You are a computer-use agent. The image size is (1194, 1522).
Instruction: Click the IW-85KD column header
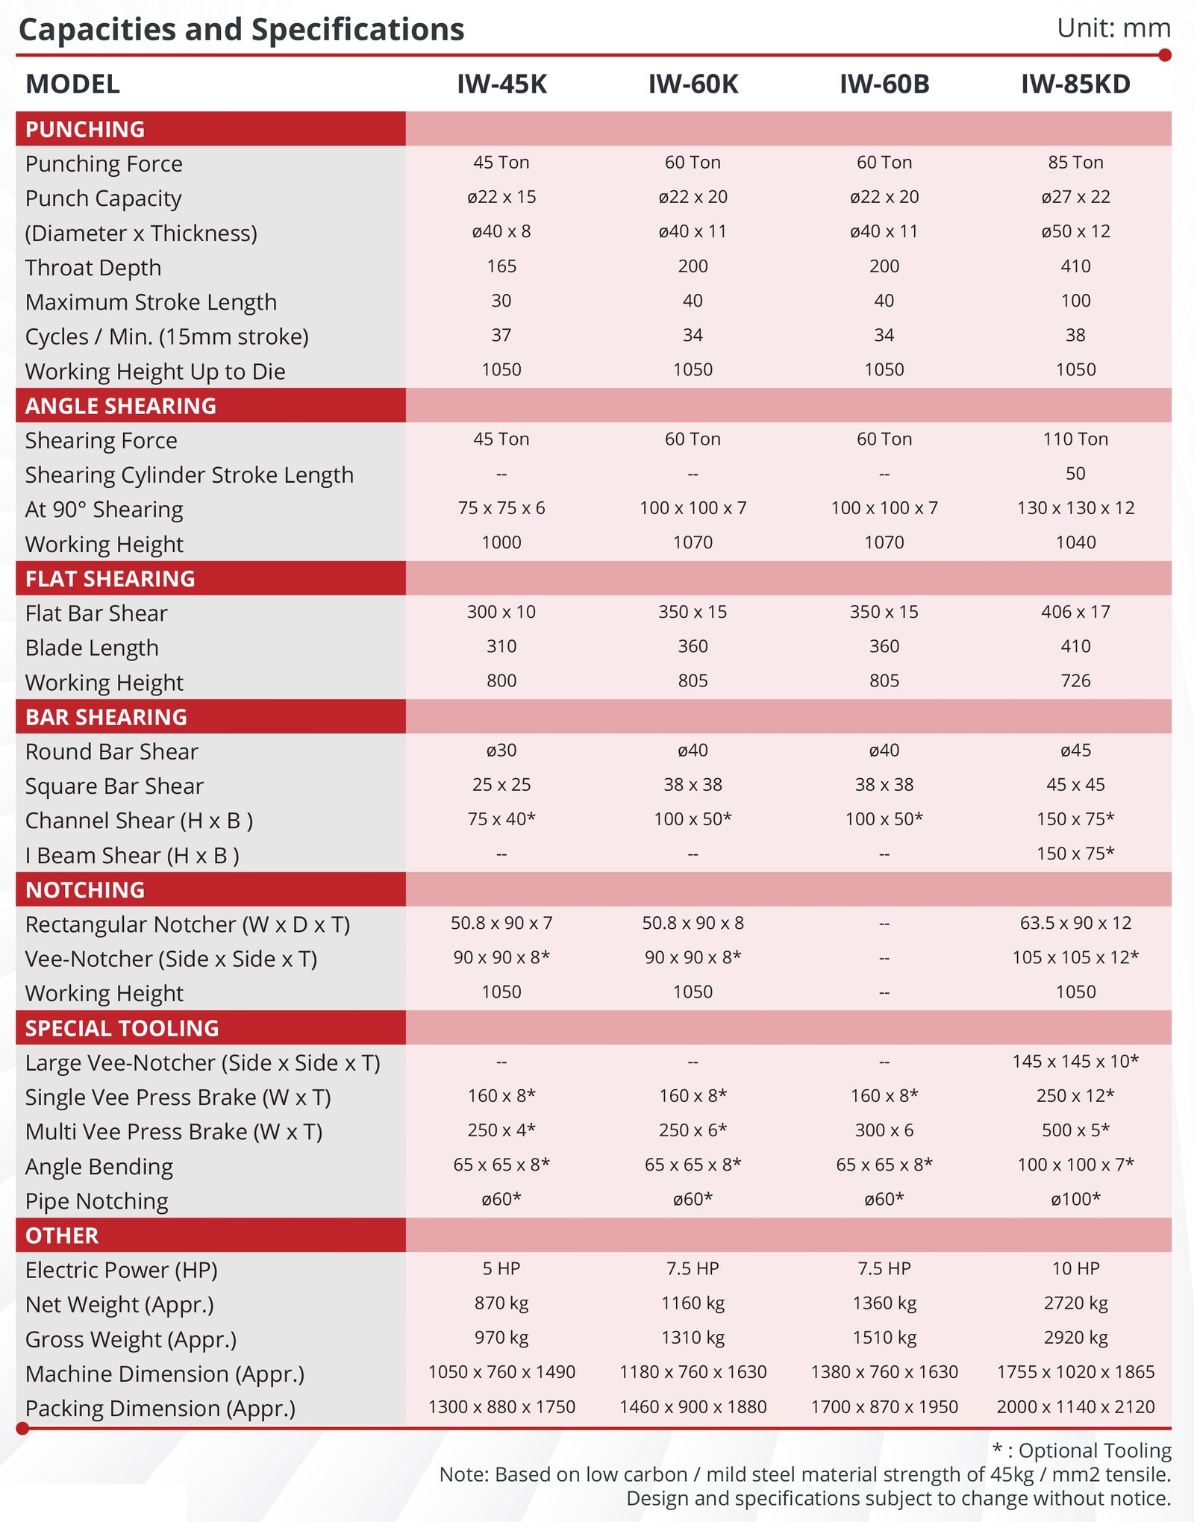1075,84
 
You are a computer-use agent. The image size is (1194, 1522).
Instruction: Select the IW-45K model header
501,84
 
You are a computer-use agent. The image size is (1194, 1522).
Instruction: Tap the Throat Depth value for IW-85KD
1075,266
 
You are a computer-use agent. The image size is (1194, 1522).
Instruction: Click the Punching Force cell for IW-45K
501,163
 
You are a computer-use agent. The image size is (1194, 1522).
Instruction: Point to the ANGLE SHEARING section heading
121,406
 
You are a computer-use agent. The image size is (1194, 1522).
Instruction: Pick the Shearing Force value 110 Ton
1075,439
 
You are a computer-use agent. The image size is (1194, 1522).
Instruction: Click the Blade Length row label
92,648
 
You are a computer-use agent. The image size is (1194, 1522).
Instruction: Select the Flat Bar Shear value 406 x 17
1075,612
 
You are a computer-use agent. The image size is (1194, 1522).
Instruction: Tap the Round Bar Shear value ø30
501,751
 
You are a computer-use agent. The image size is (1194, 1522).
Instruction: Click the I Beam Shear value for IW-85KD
1075,854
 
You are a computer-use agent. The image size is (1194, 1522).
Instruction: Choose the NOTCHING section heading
85,889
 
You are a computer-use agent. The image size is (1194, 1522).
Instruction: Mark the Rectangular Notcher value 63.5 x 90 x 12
1075,923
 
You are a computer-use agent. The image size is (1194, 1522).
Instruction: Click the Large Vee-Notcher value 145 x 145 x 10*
1075,1061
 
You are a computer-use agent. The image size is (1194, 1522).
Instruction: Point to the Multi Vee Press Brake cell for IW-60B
884,1130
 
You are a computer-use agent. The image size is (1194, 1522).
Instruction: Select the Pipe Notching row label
97,1201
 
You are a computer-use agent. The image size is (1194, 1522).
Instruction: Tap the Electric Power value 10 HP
1075,1268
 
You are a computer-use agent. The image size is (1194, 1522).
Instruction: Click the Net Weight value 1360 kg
884,1303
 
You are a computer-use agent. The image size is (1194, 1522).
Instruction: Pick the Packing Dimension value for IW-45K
501,1407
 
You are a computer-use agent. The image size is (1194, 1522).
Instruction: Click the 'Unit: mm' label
1113,28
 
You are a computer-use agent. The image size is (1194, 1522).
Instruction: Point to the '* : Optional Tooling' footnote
1081,1450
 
